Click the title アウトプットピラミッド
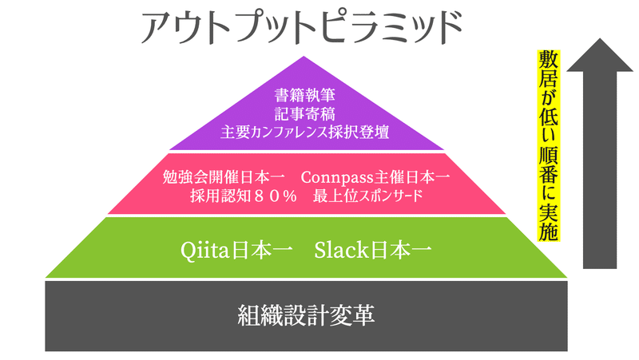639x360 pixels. [x=302, y=27]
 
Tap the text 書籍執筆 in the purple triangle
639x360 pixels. [x=305, y=95]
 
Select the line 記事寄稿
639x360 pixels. [x=305, y=113]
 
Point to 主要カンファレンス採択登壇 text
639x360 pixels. [x=305, y=133]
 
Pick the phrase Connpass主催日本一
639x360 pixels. [x=375, y=177]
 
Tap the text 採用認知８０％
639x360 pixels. [x=244, y=196]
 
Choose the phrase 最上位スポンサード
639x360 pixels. [x=367, y=196]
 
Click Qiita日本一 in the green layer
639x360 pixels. [x=236, y=250]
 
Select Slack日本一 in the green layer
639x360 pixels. [x=372, y=250]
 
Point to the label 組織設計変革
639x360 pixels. [x=306, y=315]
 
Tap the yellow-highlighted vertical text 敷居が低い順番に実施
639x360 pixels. [x=549, y=145]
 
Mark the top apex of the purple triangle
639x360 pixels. [x=304, y=56]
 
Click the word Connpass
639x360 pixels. [x=337, y=178]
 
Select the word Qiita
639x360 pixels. [x=204, y=250]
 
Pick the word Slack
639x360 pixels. [x=342, y=250]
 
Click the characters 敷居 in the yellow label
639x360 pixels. [x=549, y=69]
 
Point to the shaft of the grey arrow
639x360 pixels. [x=600, y=170]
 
